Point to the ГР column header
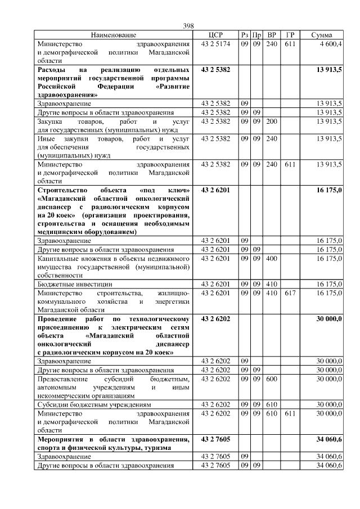(290, 35)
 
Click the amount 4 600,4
(331, 43)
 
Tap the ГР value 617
(290, 293)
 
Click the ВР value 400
(272, 258)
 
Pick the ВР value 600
(272, 379)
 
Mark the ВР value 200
(272, 121)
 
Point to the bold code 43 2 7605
(216, 439)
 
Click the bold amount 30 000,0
(329, 319)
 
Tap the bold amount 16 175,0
(329, 191)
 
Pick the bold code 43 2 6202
(216, 319)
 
